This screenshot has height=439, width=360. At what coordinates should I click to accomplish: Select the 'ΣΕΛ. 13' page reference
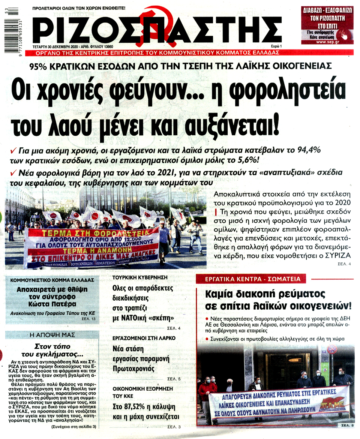88,318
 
